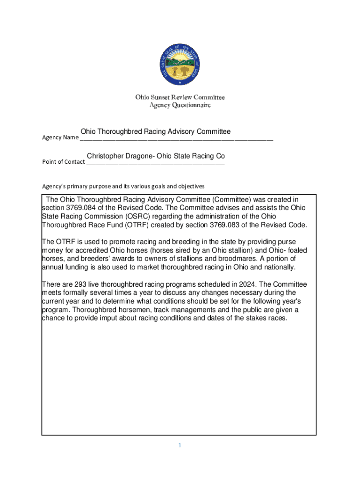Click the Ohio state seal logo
tap(180, 65)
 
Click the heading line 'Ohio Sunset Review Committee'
tap(180, 97)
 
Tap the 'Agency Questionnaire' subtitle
tap(180, 105)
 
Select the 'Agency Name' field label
tap(60, 138)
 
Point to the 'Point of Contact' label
tap(64, 162)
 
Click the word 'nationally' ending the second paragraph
tap(278, 267)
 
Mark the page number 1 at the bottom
tap(179, 445)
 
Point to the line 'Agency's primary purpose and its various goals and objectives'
tap(123, 186)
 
